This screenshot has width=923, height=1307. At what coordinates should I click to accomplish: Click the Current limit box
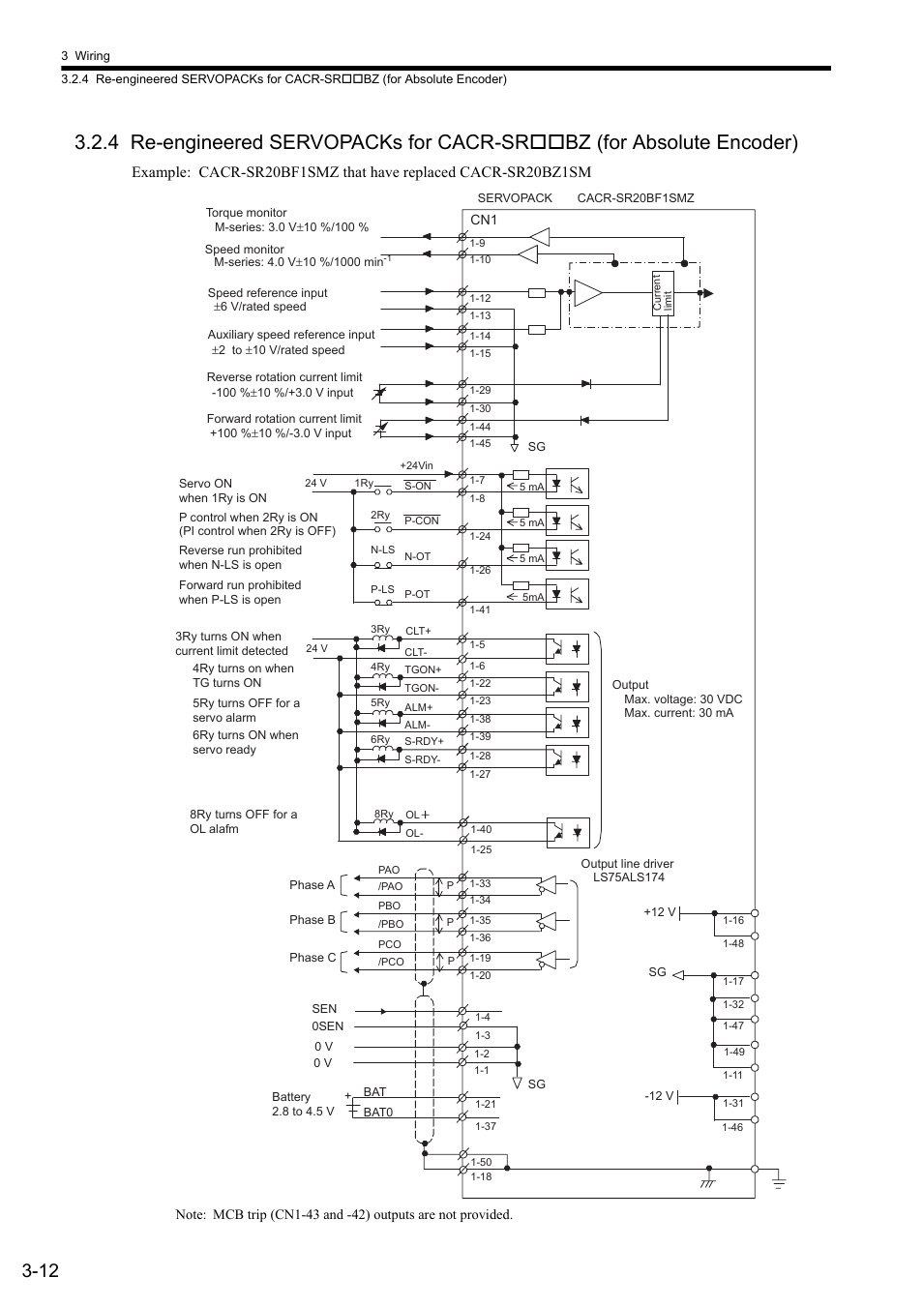[x=663, y=293]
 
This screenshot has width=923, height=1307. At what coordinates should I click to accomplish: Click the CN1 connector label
[x=484, y=220]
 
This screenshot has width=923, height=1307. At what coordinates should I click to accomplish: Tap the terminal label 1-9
[x=477, y=244]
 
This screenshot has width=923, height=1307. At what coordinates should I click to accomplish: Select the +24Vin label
[x=416, y=465]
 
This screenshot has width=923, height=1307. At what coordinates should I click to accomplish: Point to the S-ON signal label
[x=418, y=486]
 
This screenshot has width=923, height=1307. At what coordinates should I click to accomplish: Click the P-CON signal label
[x=422, y=520]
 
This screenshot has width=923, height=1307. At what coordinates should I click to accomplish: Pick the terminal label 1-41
[x=480, y=609]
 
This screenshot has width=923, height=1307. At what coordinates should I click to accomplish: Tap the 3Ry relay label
[x=380, y=629]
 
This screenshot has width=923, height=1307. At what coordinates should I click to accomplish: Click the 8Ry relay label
[x=384, y=814]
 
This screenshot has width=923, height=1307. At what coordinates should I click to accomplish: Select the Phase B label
[x=313, y=920]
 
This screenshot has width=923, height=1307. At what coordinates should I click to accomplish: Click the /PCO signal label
[x=391, y=962]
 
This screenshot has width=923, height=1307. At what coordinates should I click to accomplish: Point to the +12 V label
[x=660, y=912]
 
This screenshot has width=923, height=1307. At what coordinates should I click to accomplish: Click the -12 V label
[x=659, y=1096]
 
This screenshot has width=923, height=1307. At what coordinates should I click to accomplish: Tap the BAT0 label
[x=378, y=1113]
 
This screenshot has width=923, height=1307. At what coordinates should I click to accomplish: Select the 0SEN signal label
[x=328, y=1025]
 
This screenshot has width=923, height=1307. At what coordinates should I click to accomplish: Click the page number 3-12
[x=41, y=1270]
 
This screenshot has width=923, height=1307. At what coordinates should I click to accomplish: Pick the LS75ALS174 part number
[x=629, y=876]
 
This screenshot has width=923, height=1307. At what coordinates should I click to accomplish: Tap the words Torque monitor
[x=246, y=213]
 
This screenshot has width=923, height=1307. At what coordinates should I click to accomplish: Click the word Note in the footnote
[x=190, y=1215]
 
